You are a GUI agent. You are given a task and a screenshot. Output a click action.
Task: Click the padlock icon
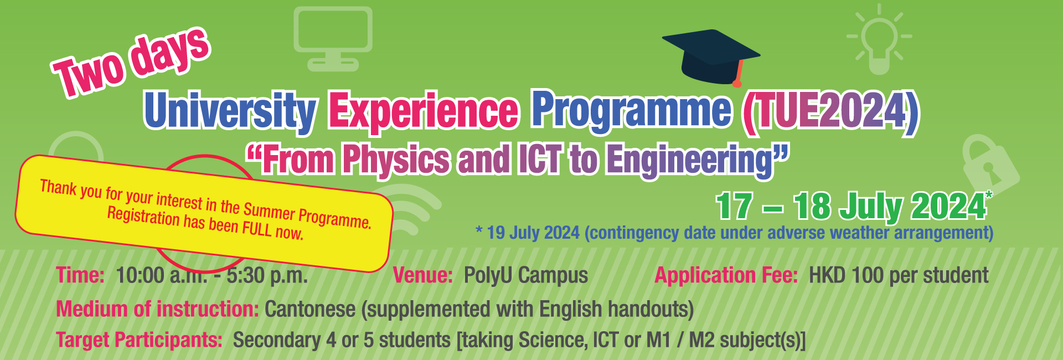990,166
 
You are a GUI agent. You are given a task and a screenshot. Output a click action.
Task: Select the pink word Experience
424,111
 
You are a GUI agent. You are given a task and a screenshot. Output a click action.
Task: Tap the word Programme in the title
632,111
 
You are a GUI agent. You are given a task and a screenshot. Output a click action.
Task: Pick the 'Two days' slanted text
131,62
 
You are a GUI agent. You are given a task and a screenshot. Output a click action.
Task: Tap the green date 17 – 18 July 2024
851,206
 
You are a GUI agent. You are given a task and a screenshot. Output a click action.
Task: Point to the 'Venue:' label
423,275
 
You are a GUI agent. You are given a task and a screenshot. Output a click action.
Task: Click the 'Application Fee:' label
726,275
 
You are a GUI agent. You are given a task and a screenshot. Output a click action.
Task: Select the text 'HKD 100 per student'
899,275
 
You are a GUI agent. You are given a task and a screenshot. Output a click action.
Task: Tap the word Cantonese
310,309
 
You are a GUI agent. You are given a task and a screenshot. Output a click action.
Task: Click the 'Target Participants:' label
140,340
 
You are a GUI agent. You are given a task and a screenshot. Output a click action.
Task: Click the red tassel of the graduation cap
739,74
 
